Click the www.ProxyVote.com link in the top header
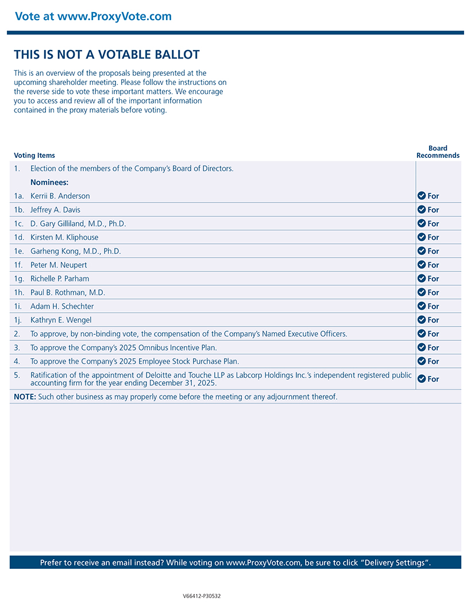pyautogui.click(x=114, y=16)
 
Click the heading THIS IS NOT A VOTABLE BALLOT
pyautogui.click(x=107, y=55)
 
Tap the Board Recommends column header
pyautogui.click(x=438, y=152)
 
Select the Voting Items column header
pyautogui.click(x=34, y=156)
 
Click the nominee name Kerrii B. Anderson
pyautogui.click(x=60, y=196)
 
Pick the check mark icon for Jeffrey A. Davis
pyautogui.click(x=422, y=210)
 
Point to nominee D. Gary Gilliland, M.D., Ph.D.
pyautogui.click(x=78, y=224)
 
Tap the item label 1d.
pyautogui.click(x=20, y=238)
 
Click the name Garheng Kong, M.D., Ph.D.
pyautogui.click(x=75, y=251)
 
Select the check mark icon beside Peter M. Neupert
pyautogui.click(x=422, y=265)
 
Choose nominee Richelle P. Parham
pyautogui.click(x=60, y=279)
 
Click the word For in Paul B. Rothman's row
pyautogui.click(x=433, y=293)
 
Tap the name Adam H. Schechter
pyautogui.click(x=62, y=307)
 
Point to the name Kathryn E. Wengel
pyautogui.click(x=61, y=320)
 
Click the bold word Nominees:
pyautogui.click(x=49, y=183)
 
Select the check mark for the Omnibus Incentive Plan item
pyautogui.click(x=422, y=347)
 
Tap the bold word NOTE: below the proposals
pyautogui.click(x=25, y=397)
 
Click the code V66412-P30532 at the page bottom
pyautogui.click(x=202, y=596)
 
